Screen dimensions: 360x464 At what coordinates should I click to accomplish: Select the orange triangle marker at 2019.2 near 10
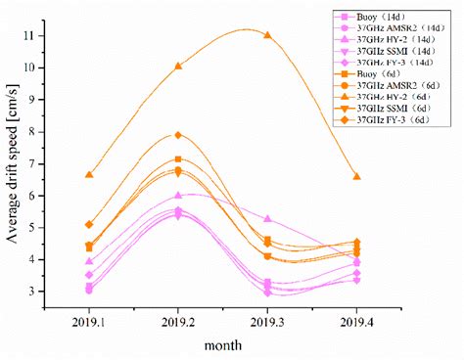tap(177, 66)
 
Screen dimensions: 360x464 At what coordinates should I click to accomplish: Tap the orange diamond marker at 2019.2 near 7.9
tap(177, 135)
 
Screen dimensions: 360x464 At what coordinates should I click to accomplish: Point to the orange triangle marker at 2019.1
tap(88, 174)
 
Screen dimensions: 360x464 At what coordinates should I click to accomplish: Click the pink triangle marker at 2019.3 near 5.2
tap(267, 219)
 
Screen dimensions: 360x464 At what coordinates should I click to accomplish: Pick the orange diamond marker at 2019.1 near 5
tap(88, 224)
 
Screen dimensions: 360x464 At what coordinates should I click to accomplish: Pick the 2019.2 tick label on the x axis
tap(177, 320)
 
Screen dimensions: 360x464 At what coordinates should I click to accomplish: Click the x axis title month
tap(225, 345)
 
